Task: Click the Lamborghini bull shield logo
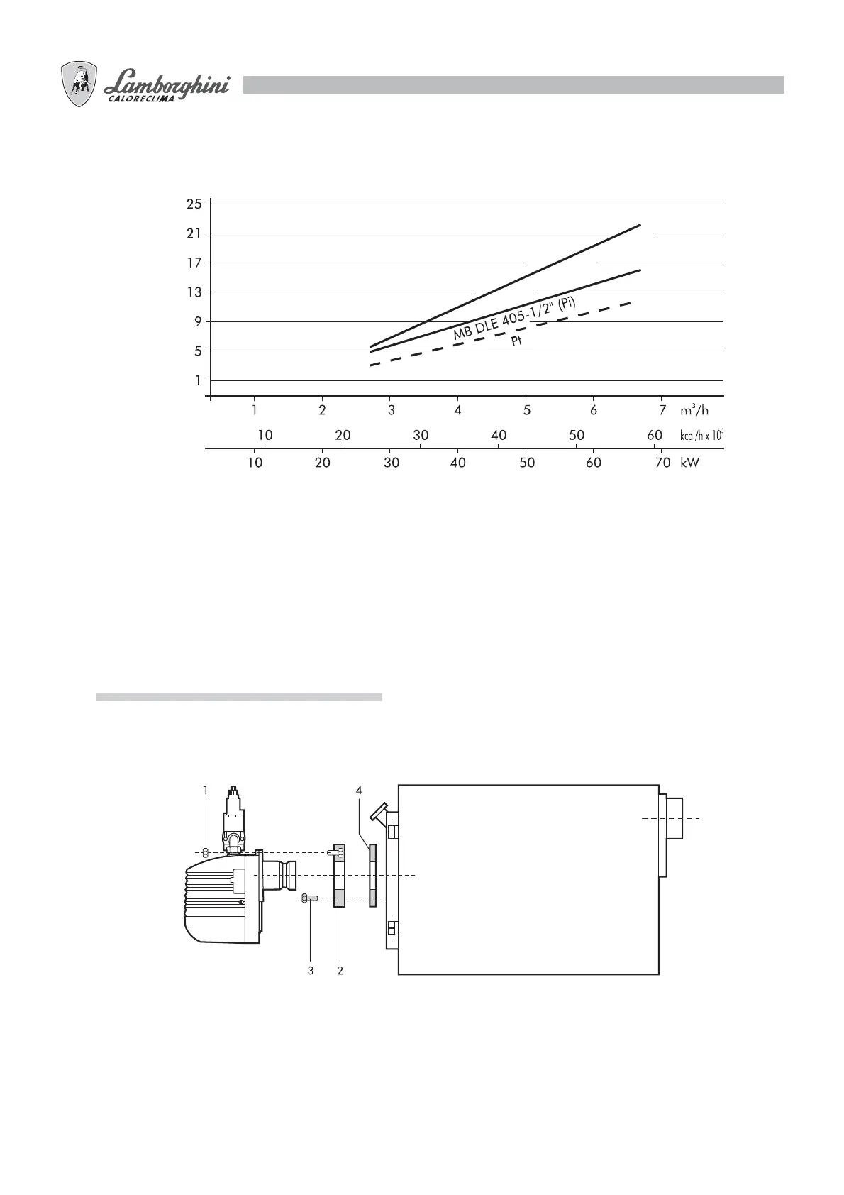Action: tap(79, 84)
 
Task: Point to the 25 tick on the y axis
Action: tap(194, 204)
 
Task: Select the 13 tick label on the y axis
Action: tap(194, 292)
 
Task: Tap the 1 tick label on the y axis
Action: tap(198, 380)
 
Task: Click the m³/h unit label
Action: tap(694, 410)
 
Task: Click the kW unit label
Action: tap(689, 463)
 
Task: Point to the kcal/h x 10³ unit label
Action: tap(701, 435)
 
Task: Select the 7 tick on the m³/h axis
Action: tap(662, 410)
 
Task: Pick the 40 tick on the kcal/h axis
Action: tap(499, 435)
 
